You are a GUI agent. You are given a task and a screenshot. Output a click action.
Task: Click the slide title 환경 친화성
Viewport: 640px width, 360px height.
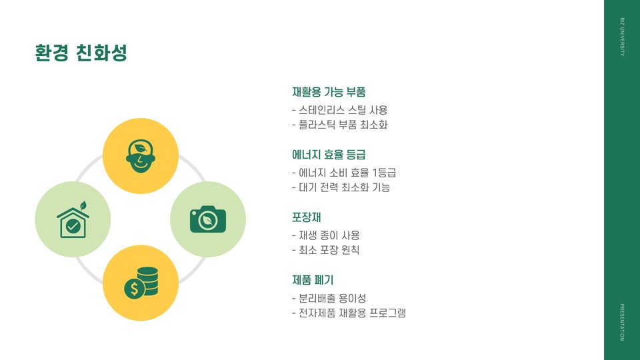(81, 53)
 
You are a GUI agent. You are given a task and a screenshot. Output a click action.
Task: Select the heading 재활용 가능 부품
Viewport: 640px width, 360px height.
(329, 92)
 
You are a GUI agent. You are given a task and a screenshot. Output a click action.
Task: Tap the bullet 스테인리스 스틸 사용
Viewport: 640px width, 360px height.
(340, 110)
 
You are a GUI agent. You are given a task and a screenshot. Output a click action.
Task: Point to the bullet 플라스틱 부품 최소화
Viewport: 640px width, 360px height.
(340, 125)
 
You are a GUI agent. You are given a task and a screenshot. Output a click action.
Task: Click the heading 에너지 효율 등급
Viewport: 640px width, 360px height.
(329, 155)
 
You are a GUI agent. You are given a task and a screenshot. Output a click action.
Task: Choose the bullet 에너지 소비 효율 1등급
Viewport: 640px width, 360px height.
(344, 173)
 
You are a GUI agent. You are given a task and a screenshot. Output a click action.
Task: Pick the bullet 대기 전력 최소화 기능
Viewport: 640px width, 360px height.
(341, 187)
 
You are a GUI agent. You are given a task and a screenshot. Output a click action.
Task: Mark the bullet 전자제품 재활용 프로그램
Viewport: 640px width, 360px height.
(349, 313)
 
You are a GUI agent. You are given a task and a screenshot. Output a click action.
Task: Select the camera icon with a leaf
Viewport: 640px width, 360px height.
(208, 219)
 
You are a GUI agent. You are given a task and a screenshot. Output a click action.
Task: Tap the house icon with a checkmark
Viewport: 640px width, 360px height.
(73, 222)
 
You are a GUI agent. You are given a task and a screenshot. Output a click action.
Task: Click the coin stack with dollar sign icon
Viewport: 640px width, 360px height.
(141, 283)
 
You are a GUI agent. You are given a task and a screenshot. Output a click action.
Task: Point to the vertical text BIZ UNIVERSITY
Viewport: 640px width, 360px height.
(622, 37)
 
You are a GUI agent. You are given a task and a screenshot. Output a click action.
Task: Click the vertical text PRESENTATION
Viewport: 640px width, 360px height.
(622, 323)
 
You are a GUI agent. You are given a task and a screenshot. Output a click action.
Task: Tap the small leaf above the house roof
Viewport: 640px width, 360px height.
(83, 205)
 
